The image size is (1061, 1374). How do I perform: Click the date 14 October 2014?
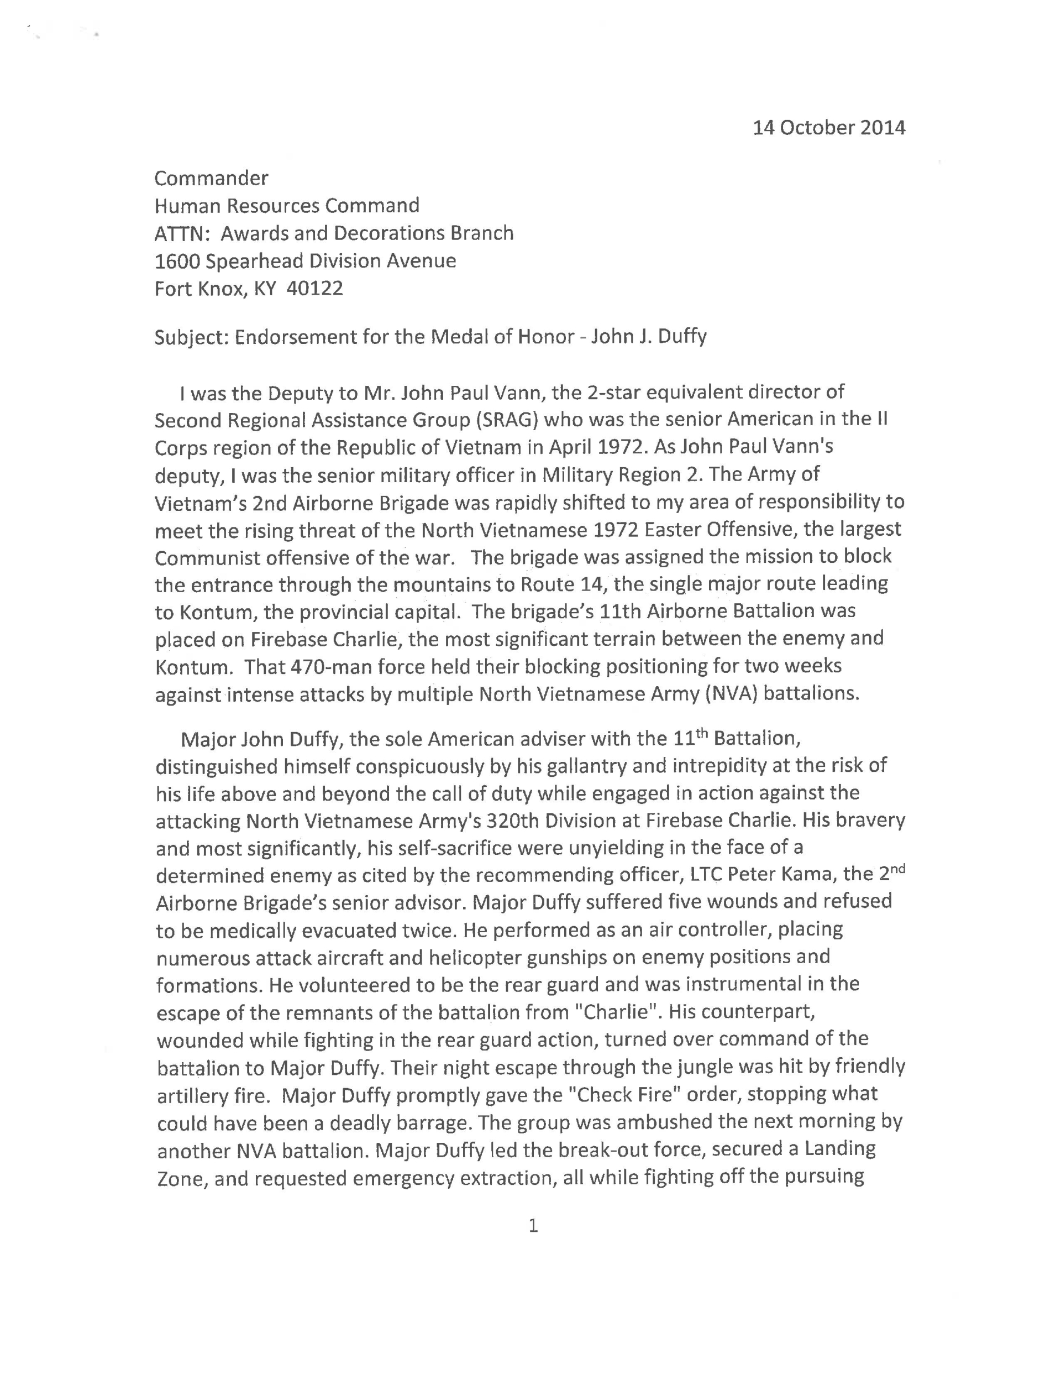click(x=828, y=128)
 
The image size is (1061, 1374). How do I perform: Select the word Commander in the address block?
click(x=211, y=179)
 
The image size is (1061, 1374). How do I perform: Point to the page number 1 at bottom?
click(x=533, y=1225)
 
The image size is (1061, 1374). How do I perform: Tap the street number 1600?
click(x=177, y=261)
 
